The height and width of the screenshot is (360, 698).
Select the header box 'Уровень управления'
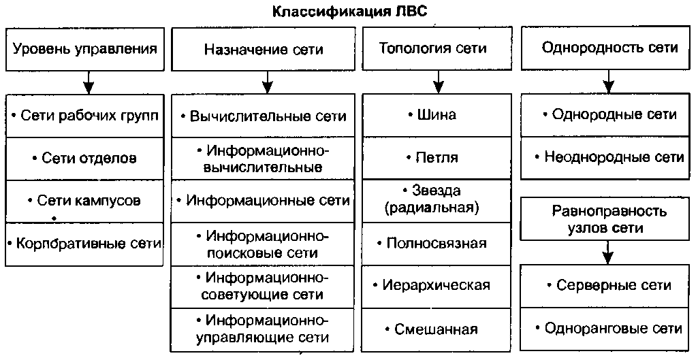click(85, 49)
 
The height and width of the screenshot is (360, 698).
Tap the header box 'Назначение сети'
click(264, 50)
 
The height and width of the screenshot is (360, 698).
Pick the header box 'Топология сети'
click(436, 48)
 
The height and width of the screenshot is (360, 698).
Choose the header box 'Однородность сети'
click(609, 48)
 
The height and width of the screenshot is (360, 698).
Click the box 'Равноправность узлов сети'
click(609, 220)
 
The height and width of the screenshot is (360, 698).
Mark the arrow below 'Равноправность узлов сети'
click(608, 253)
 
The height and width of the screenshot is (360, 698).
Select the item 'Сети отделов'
click(84, 158)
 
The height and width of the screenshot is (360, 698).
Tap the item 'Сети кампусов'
click(84, 201)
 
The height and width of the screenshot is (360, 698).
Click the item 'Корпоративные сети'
click(84, 243)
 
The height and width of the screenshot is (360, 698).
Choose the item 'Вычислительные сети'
click(264, 116)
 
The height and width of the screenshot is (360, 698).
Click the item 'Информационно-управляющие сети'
click(264, 329)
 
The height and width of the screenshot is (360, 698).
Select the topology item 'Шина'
click(436, 115)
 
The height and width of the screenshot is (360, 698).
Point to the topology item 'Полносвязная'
click(436, 243)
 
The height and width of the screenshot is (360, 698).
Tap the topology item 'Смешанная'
click(436, 329)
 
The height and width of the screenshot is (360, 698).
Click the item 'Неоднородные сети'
click(609, 157)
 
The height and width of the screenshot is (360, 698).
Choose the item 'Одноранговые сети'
click(609, 328)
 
